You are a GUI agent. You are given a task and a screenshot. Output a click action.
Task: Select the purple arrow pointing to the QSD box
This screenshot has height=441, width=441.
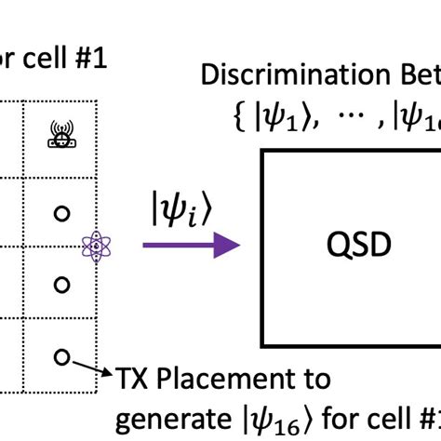click(x=191, y=246)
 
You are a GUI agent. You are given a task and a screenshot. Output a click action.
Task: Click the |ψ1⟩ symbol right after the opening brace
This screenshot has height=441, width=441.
click(x=291, y=115)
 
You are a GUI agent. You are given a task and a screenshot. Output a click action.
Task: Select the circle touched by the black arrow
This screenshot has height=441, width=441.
click(x=61, y=355)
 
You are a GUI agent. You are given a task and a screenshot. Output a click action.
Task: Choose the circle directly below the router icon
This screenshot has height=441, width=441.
click(x=61, y=213)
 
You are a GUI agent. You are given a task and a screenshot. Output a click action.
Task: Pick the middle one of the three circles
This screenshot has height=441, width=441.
click(x=61, y=284)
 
